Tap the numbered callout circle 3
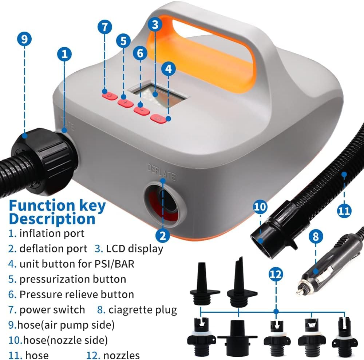pyautogui.click(x=155, y=25)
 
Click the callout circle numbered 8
pyautogui.click(x=316, y=236)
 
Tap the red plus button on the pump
pyautogui.click(x=125, y=103)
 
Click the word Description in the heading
pyautogui.click(x=52, y=219)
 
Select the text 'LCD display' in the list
pyautogui.click(x=134, y=248)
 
